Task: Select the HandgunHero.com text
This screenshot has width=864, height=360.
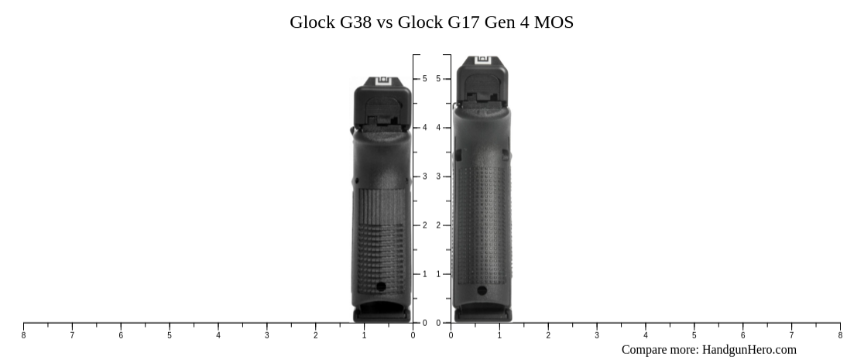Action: [749, 349]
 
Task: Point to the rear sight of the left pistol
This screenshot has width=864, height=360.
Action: [382, 81]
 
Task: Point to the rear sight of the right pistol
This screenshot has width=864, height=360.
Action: [484, 60]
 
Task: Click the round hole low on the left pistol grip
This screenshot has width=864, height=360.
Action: [381, 286]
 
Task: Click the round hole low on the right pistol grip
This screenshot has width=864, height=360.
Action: [482, 291]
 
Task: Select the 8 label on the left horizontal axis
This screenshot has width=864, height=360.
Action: [23, 335]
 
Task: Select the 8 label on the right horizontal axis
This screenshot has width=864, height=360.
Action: [840, 335]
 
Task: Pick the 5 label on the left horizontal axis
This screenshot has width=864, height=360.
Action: [170, 335]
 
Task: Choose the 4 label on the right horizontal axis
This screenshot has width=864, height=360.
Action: [646, 335]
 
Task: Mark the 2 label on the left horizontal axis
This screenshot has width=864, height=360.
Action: [316, 335]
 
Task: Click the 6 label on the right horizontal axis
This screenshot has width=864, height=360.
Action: [743, 335]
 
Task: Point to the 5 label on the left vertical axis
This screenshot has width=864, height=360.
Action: [424, 79]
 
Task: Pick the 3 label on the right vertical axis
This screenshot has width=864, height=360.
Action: [438, 177]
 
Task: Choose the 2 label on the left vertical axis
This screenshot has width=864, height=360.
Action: [424, 225]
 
